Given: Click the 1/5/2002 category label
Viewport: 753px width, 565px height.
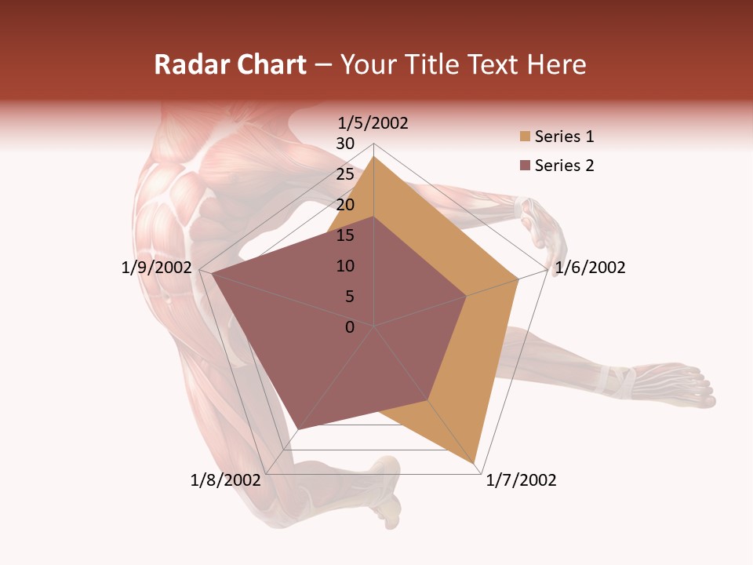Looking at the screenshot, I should coord(373,123).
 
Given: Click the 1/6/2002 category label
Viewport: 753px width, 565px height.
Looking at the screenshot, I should coord(590,268).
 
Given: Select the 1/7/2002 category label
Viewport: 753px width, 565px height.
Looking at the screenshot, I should coord(521,480).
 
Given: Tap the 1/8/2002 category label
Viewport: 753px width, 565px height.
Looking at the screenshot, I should coord(225,480).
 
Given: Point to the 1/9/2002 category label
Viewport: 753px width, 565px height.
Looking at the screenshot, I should coord(157,268).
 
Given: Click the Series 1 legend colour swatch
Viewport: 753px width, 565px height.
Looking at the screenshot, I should coord(524,137).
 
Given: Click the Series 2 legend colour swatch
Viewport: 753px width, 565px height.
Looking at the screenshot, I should coord(524,166).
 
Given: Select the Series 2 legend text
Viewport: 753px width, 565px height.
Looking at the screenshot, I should coord(564,166).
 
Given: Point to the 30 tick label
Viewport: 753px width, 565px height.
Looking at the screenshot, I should coord(345,144).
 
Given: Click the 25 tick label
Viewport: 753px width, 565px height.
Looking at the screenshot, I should coord(345,174).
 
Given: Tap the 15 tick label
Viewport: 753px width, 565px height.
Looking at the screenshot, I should coord(345,235).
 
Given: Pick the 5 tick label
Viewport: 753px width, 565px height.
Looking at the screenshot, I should coord(350,297).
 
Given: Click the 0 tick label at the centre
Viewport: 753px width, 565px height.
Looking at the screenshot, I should coord(350,327).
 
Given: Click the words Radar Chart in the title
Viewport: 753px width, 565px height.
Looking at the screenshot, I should coord(230,64).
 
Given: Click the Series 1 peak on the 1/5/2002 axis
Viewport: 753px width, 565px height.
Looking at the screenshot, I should coord(374,157).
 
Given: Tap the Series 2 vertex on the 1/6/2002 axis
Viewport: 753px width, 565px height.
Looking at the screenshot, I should coord(467,296).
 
